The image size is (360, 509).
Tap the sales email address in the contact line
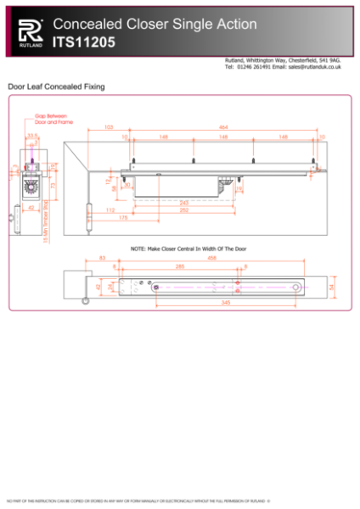303,66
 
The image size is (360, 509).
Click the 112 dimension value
110,210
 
